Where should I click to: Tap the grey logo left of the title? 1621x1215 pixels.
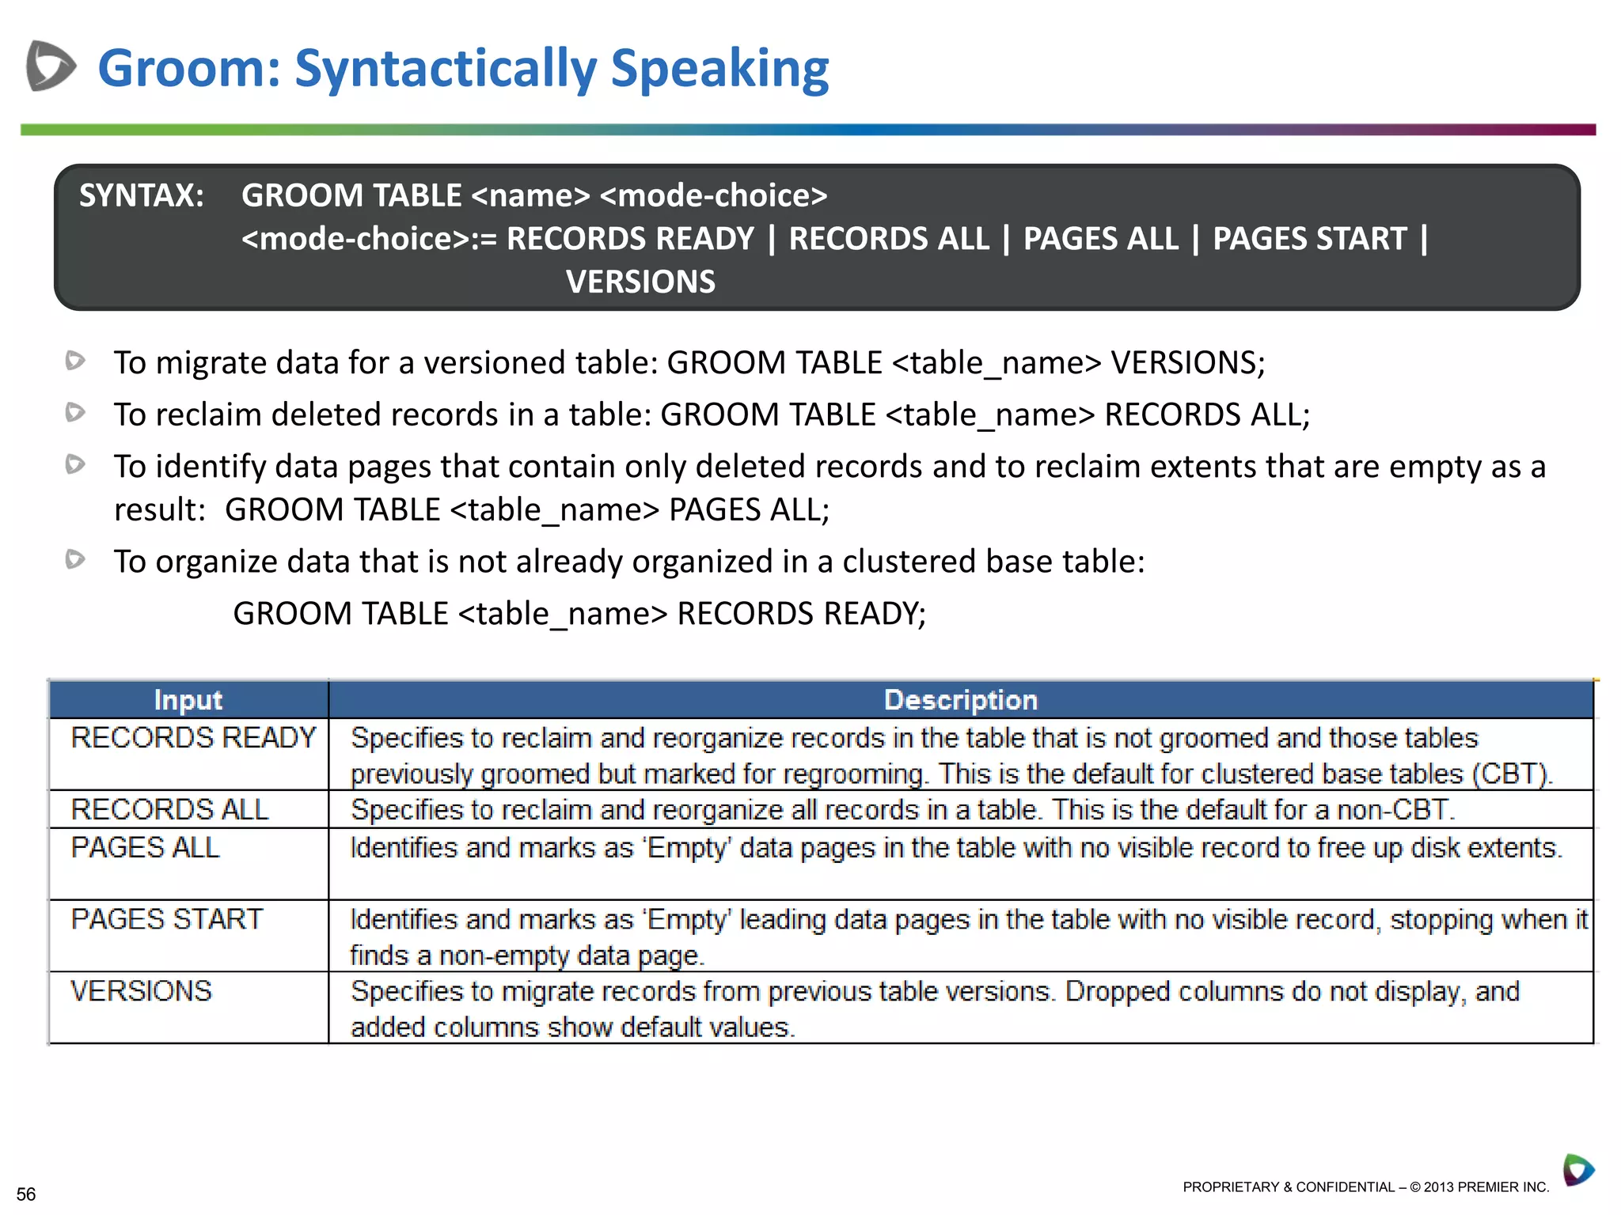click(x=50, y=66)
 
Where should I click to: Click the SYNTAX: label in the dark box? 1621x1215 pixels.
click(x=142, y=195)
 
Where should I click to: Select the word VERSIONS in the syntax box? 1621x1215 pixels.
click(x=640, y=282)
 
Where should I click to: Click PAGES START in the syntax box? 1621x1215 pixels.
click(x=1310, y=239)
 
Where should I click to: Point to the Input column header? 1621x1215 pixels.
click(x=188, y=700)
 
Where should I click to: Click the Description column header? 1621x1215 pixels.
click(x=960, y=700)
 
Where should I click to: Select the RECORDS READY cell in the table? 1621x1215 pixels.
click(x=193, y=738)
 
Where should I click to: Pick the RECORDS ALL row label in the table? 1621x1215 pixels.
click(x=169, y=809)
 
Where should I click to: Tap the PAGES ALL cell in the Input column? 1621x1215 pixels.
click(x=145, y=848)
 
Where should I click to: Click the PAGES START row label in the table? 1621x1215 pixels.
click(x=166, y=919)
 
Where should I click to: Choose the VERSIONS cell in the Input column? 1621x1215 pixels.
click(x=141, y=991)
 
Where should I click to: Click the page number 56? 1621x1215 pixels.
click(x=26, y=1194)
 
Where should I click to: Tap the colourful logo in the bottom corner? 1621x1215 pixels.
click(x=1577, y=1169)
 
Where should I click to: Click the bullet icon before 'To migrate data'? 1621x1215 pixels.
click(x=75, y=361)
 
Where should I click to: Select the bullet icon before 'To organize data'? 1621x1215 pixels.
click(x=75, y=559)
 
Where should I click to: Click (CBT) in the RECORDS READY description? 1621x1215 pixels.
click(x=1512, y=774)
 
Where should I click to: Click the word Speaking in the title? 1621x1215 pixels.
click(x=719, y=68)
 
